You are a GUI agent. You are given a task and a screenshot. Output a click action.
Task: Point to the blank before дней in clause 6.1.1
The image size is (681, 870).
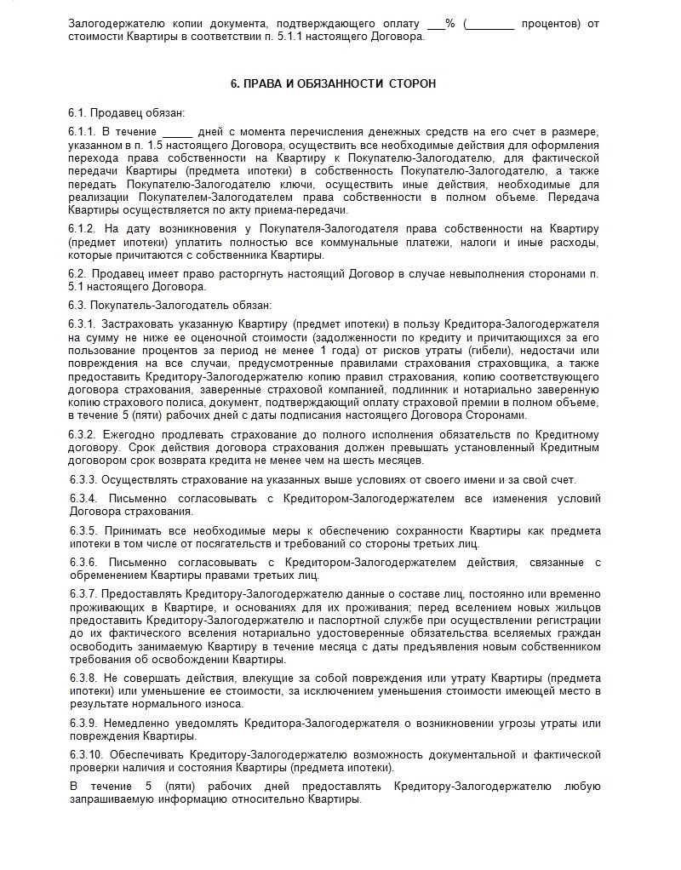pos(177,132)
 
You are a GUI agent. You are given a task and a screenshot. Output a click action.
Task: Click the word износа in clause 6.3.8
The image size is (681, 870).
pos(224,704)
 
